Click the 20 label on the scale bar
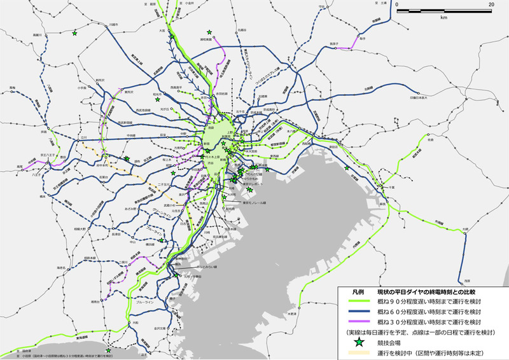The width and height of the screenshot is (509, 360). click(x=491, y=4)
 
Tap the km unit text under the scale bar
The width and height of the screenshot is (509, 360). click(x=443, y=17)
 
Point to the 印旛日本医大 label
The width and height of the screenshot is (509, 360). click(x=421, y=99)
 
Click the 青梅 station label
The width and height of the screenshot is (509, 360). click(x=12, y=87)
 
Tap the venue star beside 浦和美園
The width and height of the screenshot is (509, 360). click(x=208, y=32)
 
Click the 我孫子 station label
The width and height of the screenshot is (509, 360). click(x=333, y=43)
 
